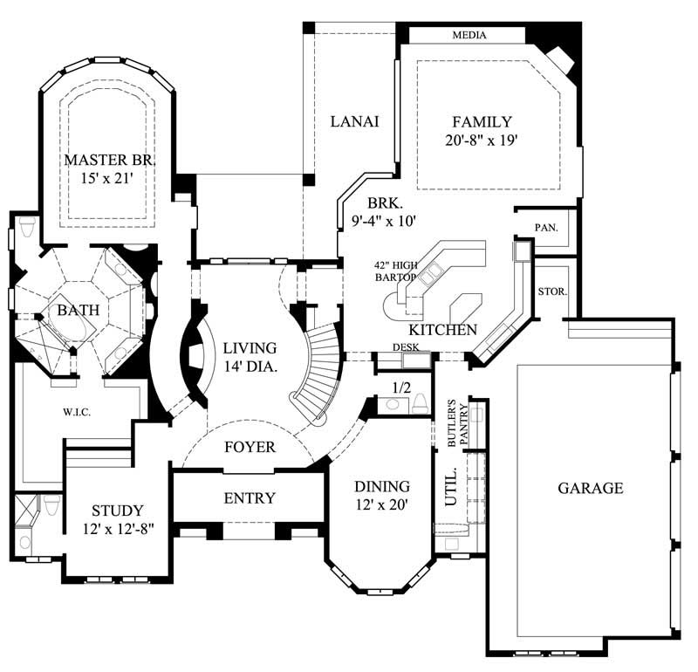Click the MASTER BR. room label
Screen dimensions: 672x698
(109, 161)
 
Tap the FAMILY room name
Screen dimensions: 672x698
(482, 122)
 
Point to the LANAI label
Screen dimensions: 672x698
(354, 121)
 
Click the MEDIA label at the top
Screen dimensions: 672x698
(469, 36)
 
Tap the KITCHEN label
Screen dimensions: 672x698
(443, 330)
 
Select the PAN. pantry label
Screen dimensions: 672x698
(546, 227)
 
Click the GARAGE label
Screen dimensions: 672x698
(591, 488)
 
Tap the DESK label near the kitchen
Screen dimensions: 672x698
(406, 347)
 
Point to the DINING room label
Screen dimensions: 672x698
(381, 486)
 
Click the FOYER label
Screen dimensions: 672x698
(250, 448)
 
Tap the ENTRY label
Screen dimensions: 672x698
(250, 498)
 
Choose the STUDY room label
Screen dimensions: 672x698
(117, 511)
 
